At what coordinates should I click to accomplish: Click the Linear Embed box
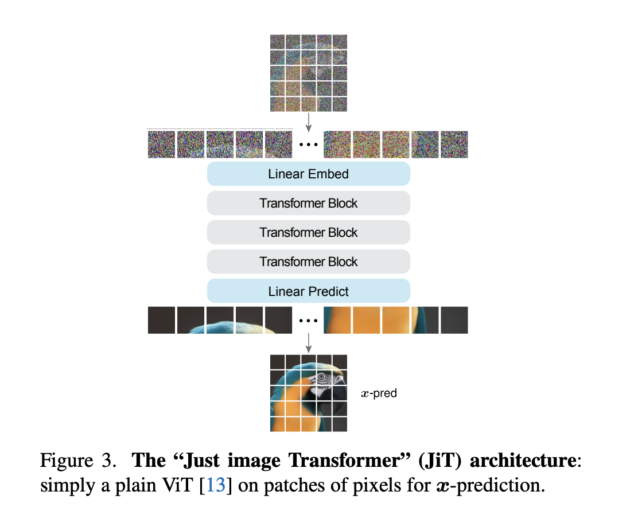point(309,174)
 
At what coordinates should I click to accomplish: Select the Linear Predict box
point(309,291)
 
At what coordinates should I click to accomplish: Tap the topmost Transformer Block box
point(309,203)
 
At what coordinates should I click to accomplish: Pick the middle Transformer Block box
point(309,232)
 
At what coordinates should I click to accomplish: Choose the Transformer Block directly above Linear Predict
point(309,262)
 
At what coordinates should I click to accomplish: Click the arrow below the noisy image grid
point(309,120)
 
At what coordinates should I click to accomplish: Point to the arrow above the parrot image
point(309,342)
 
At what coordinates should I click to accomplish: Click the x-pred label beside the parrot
point(379,393)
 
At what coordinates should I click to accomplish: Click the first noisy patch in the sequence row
point(161,144)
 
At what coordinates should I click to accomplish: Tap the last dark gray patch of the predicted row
point(454,320)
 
